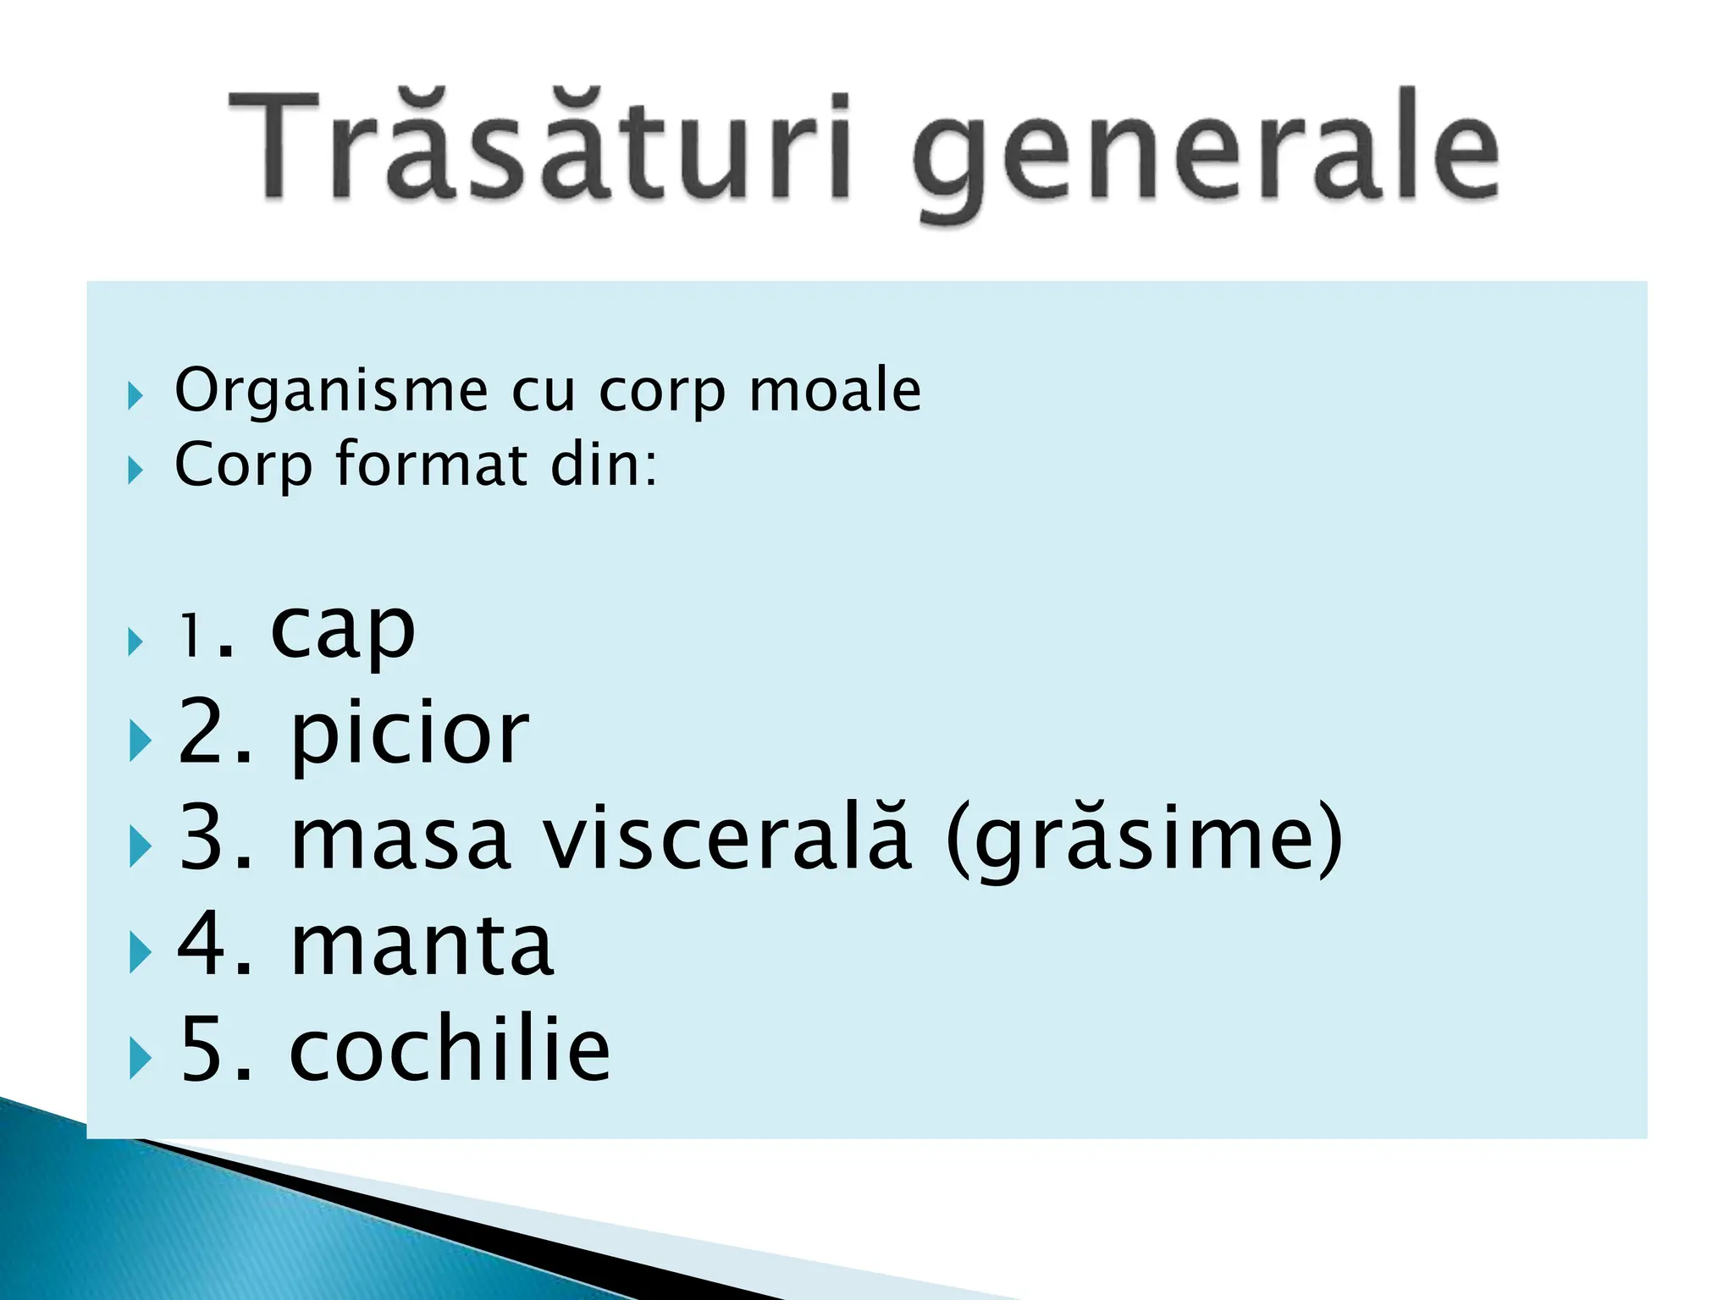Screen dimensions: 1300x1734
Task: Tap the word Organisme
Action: point(331,391)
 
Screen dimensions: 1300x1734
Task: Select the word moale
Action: point(835,391)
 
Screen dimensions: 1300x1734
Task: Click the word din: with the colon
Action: point(604,465)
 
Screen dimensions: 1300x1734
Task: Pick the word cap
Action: point(343,632)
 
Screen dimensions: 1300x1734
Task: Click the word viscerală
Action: point(727,839)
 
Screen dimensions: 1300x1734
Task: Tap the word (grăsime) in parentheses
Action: point(1144,839)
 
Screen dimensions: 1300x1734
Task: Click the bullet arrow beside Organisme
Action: point(135,395)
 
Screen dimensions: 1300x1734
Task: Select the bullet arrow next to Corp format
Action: point(135,470)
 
